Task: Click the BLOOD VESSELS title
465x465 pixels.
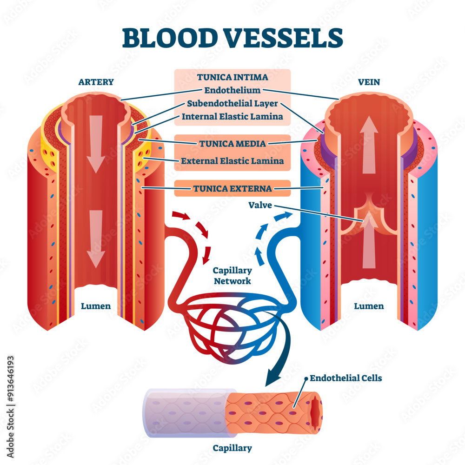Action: click(x=232, y=38)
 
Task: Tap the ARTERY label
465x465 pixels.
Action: click(x=96, y=82)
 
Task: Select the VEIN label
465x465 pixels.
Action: click(x=369, y=82)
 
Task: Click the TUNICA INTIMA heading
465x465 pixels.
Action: click(x=232, y=77)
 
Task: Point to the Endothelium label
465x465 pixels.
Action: click(x=232, y=90)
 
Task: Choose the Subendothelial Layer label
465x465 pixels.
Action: click(x=232, y=103)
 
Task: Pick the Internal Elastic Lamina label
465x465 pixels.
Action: click(x=232, y=116)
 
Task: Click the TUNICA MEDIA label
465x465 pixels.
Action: click(x=232, y=143)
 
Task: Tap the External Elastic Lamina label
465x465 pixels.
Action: click(x=232, y=161)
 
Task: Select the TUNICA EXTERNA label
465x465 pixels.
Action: click(x=232, y=188)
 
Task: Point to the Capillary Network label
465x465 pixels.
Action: click(x=232, y=276)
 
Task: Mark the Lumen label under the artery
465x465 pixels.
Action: click(x=96, y=306)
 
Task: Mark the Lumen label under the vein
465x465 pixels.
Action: click(x=369, y=306)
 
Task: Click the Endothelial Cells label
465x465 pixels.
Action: click(x=345, y=378)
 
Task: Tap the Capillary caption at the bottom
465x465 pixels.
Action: click(x=232, y=448)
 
